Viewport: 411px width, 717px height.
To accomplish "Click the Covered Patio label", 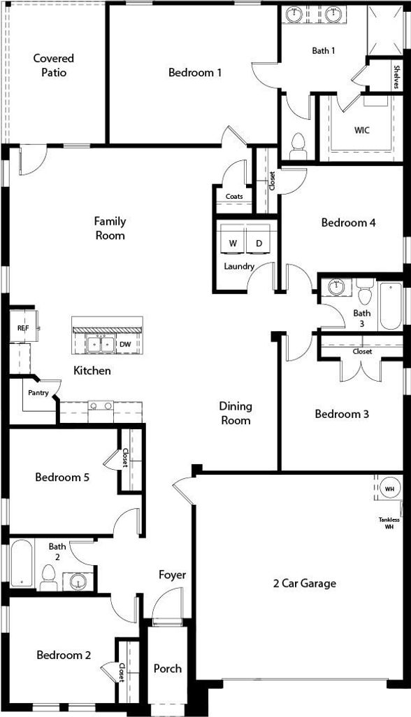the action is (53, 65).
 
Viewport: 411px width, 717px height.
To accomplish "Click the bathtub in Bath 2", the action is (22, 564).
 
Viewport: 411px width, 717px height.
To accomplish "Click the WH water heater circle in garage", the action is (389, 489).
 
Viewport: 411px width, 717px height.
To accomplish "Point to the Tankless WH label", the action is (389, 523).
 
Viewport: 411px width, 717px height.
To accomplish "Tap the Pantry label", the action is (38, 392).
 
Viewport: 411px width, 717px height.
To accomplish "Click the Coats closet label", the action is (234, 196).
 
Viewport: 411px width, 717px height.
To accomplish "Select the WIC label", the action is (361, 130).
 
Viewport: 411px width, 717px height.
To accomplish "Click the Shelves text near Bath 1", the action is (396, 77).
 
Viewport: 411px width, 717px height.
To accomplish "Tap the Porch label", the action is (168, 669).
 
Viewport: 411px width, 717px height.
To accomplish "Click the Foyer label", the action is (172, 575).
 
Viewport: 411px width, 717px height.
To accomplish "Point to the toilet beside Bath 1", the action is (297, 146).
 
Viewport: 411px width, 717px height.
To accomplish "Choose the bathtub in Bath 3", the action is (391, 305).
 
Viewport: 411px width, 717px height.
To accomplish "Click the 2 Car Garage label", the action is (305, 583).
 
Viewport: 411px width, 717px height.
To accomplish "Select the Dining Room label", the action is (236, 413).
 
